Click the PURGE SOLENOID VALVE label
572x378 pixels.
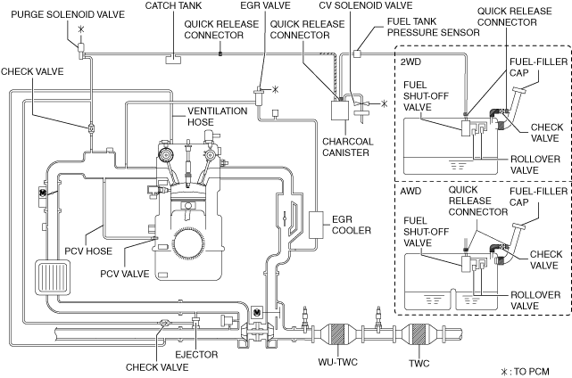[68, 14]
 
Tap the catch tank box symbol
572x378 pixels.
[173, 59]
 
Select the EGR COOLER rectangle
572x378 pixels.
[316, 225]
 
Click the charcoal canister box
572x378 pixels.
[340, 110]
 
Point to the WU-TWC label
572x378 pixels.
[338, 362]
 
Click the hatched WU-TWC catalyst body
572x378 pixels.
[337, 334]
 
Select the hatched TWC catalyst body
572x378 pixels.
[418, 334]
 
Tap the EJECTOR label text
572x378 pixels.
[196, 354]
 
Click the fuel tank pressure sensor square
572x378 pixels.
[357, 54]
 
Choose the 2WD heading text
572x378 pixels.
[410, 62]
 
